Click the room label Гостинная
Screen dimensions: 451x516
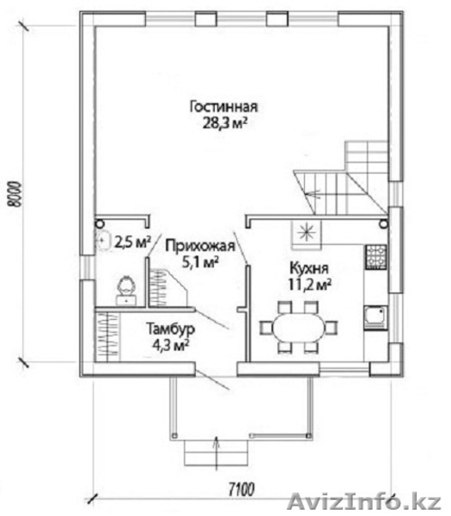click(223, 107)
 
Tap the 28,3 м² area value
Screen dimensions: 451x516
click(224, 123)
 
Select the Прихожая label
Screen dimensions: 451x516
click(200, 246)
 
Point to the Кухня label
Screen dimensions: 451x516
click(308, 268)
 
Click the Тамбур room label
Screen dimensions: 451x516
click(170, 329)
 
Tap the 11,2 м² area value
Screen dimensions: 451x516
click(309, 285)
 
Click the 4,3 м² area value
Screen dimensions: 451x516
click(170, 345)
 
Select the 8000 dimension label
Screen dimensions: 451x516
click(15, 193)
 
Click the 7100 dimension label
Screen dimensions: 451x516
click(241, 489)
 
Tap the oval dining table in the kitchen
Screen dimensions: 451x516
click(299, 328)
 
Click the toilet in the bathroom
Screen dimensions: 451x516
click(126, 290)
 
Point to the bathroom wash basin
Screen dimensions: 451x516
click(104, 241)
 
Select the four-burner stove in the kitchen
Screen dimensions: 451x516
click(375, 257)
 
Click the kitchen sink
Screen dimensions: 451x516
click(375, 317)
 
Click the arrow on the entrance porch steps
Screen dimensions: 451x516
click(216, 449)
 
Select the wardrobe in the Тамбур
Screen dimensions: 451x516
click(107, 336)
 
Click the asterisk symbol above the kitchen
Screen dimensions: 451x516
click(306, 231)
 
